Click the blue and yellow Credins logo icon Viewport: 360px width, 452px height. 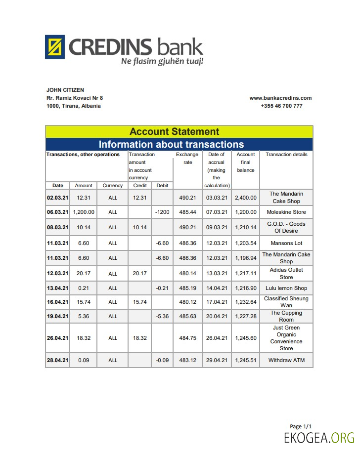click(x=55, y=47)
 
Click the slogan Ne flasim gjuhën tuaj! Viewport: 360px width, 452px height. click(x=162, y=61)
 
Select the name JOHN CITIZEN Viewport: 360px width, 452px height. click(x=65, y=90)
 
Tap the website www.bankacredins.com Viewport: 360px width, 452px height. click(x=280, y=98)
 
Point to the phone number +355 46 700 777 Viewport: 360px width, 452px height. click(x=281, y=106)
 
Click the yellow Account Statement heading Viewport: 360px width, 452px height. click(x=174, y=131)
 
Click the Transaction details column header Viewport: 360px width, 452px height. click(x=286, y=155)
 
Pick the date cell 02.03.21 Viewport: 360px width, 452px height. click(x=57, y=198)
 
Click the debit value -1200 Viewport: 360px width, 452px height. click(x=162, y=212)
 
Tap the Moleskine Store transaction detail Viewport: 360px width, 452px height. click(x=286, y=212)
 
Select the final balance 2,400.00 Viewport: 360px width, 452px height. click(x=246, y=198)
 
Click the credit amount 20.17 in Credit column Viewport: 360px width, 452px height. click(x=140, y=274)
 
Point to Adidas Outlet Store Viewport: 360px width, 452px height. click(x=286, y=274)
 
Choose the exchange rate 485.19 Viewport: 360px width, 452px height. click(x=187, y=288)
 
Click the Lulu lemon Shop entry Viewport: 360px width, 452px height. click(x=286, y=288)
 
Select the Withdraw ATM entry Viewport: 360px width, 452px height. click(x=286, y=360)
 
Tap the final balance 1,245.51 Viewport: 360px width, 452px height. click(x=246, y=360)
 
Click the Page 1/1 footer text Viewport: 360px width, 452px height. click(x=301, y=426)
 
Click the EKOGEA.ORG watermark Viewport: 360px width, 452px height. click(x=319, y=438)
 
